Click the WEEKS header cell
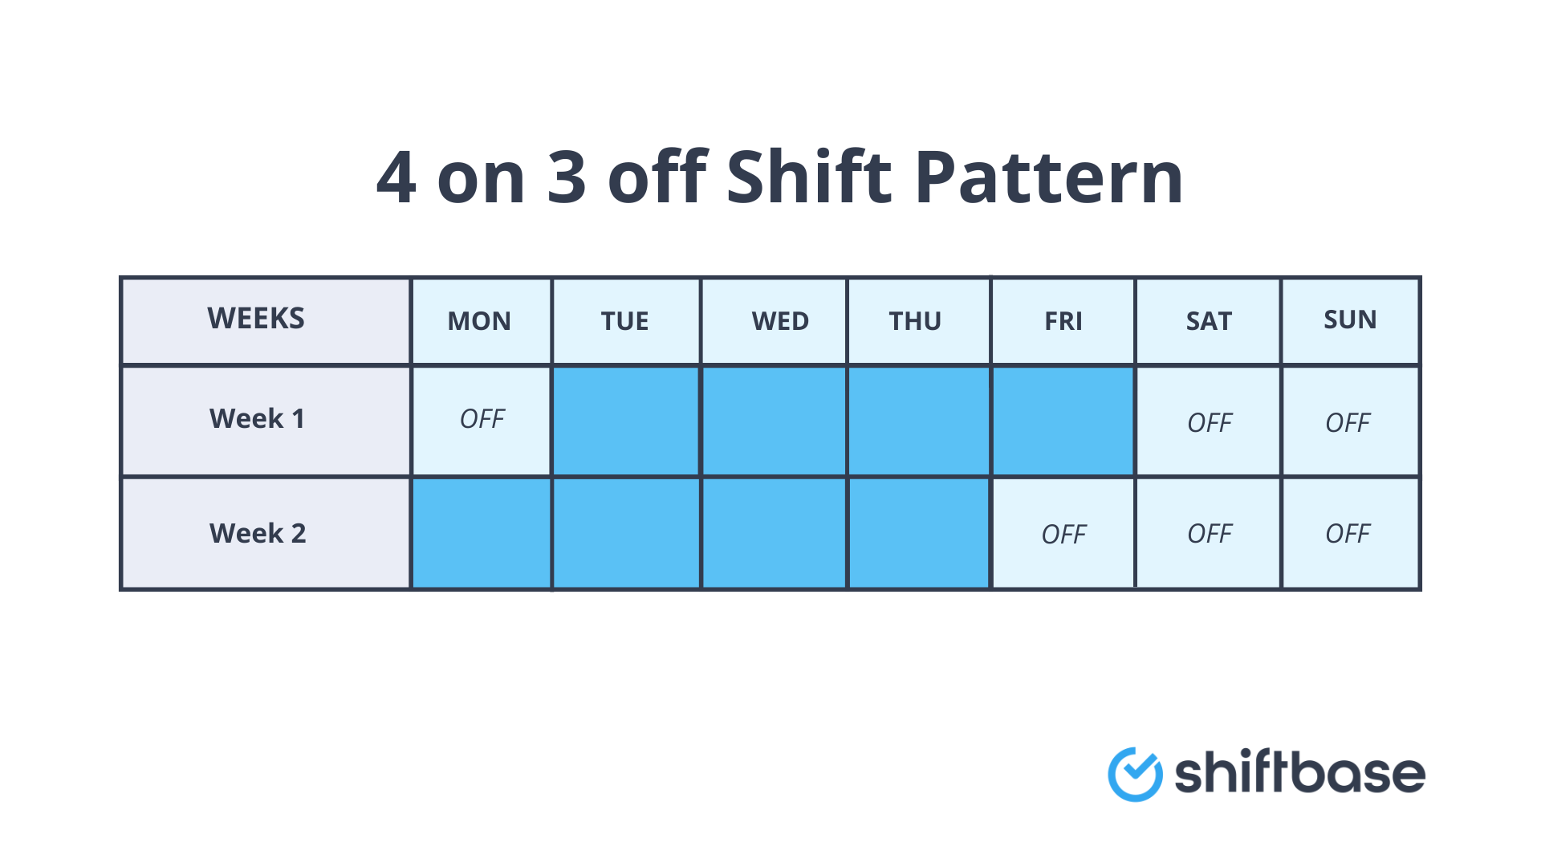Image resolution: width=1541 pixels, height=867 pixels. pos(256,319)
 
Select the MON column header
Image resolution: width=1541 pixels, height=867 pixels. pos(479,321)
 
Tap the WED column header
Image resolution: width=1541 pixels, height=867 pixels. pos(779,321)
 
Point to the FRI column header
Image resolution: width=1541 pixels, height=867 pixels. pos(1063,321)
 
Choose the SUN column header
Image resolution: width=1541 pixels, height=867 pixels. pos(1350,320)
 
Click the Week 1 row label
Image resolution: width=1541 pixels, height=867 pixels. pos(257,419)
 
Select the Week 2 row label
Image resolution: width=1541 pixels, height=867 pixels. pos(258,533)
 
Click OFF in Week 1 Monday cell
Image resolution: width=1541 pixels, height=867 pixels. pos(482,419)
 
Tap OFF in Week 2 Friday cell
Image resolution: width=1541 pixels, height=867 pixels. pos(1063,535)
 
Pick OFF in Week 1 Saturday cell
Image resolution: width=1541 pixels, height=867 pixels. pos(1210,423)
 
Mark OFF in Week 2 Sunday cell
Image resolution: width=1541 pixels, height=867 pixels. pos(1348,534)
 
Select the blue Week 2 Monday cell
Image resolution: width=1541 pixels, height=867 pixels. pos(482,534)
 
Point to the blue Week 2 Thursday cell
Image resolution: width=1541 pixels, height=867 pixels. pos(919,534)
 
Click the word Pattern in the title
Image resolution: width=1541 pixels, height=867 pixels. pos(1048,178)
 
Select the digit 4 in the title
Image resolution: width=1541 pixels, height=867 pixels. pos(396,178)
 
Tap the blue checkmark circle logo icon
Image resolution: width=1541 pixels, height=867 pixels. pos(1135,774)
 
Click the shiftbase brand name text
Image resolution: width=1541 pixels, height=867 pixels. pos(1299,774)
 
